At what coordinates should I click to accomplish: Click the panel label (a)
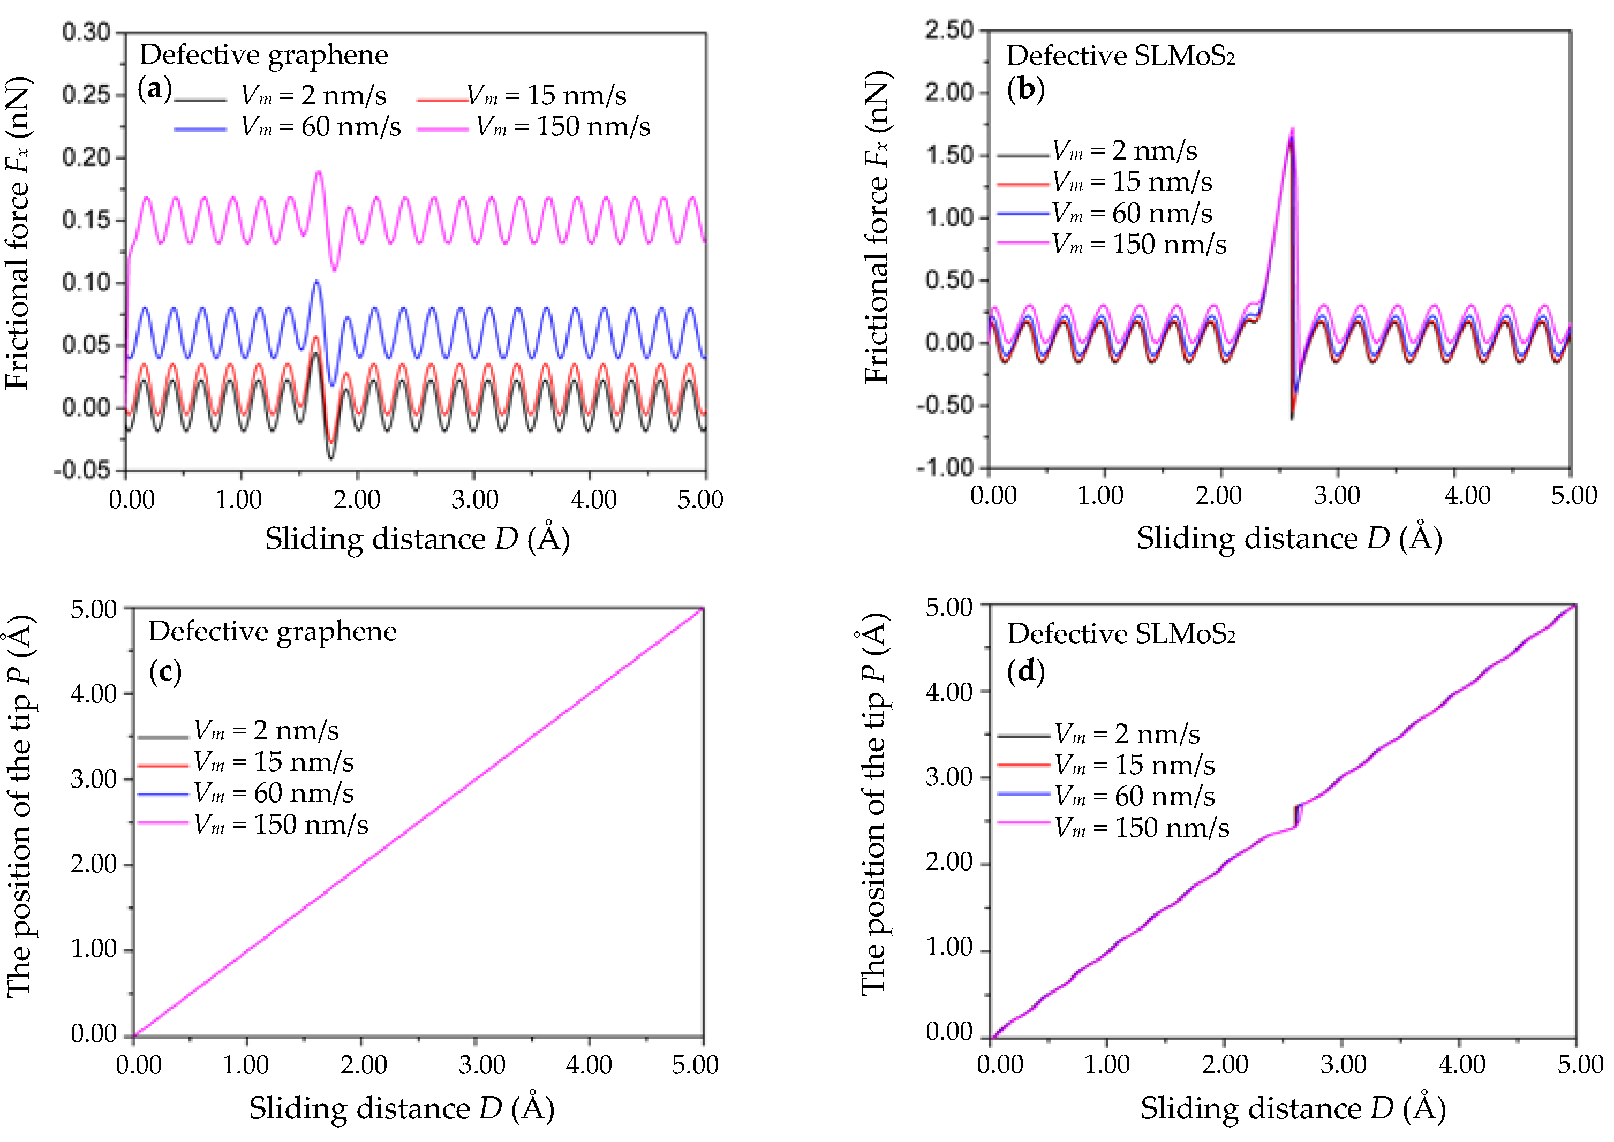click(155, 89)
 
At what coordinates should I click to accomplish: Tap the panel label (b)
click(1025, 89)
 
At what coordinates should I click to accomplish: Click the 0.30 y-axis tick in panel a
click(86, 32)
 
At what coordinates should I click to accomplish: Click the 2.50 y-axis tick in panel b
click(949, 30)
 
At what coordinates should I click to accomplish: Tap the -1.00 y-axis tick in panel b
click(945, 467)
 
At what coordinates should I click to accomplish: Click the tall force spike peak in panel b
click(1292, 131)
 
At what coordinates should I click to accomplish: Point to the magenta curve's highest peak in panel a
click(319, 171)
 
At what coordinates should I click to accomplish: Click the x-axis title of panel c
click(402, 1109)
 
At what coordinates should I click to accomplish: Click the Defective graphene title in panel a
click(263, 55)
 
